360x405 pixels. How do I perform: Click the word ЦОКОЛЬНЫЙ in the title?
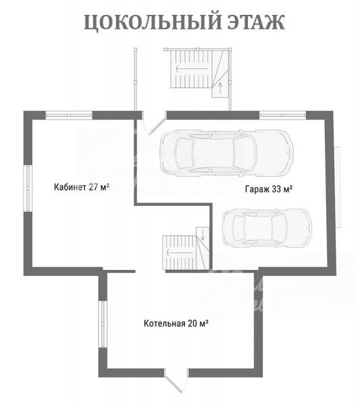click(153, 22)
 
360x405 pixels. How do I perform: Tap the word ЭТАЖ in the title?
click(257, 22)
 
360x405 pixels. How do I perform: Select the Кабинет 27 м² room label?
click(82, 187)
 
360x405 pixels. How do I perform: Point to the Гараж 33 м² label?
click(269, 189)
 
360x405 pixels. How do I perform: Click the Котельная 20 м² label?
click(176, 323)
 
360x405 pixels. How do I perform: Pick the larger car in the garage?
click(226, 153)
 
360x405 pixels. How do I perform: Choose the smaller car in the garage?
click(267, 228)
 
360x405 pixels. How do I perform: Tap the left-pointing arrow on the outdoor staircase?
click(192, 69)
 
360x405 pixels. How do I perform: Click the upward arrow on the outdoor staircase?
click(220, 88)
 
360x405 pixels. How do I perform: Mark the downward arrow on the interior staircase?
click(203, 234)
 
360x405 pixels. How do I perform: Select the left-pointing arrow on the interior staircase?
click(180, 252)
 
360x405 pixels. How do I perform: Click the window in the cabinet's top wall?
click(69, 115)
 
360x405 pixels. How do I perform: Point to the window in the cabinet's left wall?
click(28, 188)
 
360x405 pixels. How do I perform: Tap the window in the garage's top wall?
click(282, 115)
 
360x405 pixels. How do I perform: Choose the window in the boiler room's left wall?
click(103, 324)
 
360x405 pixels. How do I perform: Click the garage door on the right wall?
click(338, 187)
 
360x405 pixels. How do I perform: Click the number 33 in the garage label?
click(276, 189)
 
